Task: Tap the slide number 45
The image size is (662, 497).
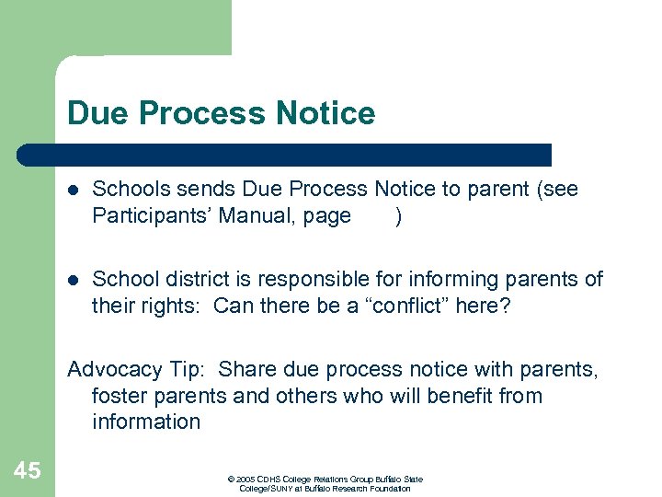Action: [x=28, y=471]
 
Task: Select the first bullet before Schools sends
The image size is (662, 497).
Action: [x=74, y=191]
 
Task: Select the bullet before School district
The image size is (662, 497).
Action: [x=74, y=280]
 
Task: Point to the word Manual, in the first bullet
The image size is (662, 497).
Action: [x=258, y=216]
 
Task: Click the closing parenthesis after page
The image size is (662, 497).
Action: [x=397, y=216]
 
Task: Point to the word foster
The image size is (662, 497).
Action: [x=118, y=396]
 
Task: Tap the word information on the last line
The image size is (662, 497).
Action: [x=146, y=422]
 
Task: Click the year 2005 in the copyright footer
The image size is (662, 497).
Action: [x=245, y=480]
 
